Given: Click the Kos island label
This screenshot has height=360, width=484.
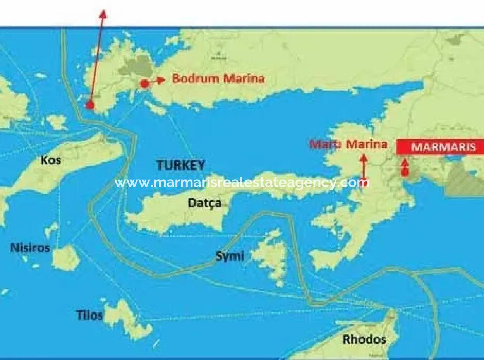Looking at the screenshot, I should [51, 160].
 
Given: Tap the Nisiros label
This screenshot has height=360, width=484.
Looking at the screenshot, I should [30, 247].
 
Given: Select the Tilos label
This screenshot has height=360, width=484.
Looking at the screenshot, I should [89, 315].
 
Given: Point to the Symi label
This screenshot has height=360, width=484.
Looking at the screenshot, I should [230, 255].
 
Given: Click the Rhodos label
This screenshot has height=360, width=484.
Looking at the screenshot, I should [364, 339].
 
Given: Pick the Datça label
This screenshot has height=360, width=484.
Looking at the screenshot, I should [204, 203].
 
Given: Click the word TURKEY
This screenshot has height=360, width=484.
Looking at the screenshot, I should [180, 166].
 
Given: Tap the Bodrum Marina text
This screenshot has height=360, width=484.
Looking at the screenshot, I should [218, 79].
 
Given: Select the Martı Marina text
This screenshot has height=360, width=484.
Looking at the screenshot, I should [348, 144].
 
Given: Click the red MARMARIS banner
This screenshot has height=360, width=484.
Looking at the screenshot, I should [440, 147].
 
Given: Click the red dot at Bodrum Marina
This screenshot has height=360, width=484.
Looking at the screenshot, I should [144, 83].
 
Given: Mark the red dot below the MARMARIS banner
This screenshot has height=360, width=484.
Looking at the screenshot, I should [405, 172].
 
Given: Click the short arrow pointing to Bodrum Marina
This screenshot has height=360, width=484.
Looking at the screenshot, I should [158, 80].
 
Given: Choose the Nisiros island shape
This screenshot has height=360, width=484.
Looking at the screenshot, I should [66, 257].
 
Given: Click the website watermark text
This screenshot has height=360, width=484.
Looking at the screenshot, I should [242, 182].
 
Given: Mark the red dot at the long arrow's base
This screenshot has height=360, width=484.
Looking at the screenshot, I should [90, 105].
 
